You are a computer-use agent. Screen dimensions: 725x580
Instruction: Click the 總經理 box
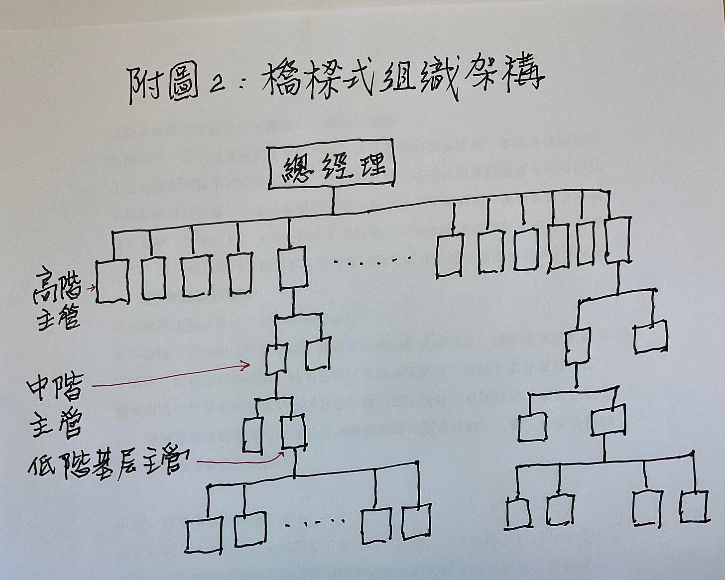click(332, 167)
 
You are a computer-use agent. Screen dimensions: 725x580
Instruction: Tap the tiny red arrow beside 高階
click(91, 288)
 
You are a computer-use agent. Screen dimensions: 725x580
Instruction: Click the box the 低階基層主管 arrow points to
click(293, 431)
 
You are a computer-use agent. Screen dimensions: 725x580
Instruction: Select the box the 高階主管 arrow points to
click(113, 281)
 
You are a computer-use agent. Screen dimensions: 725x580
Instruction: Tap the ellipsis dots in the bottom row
click(317, 522)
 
